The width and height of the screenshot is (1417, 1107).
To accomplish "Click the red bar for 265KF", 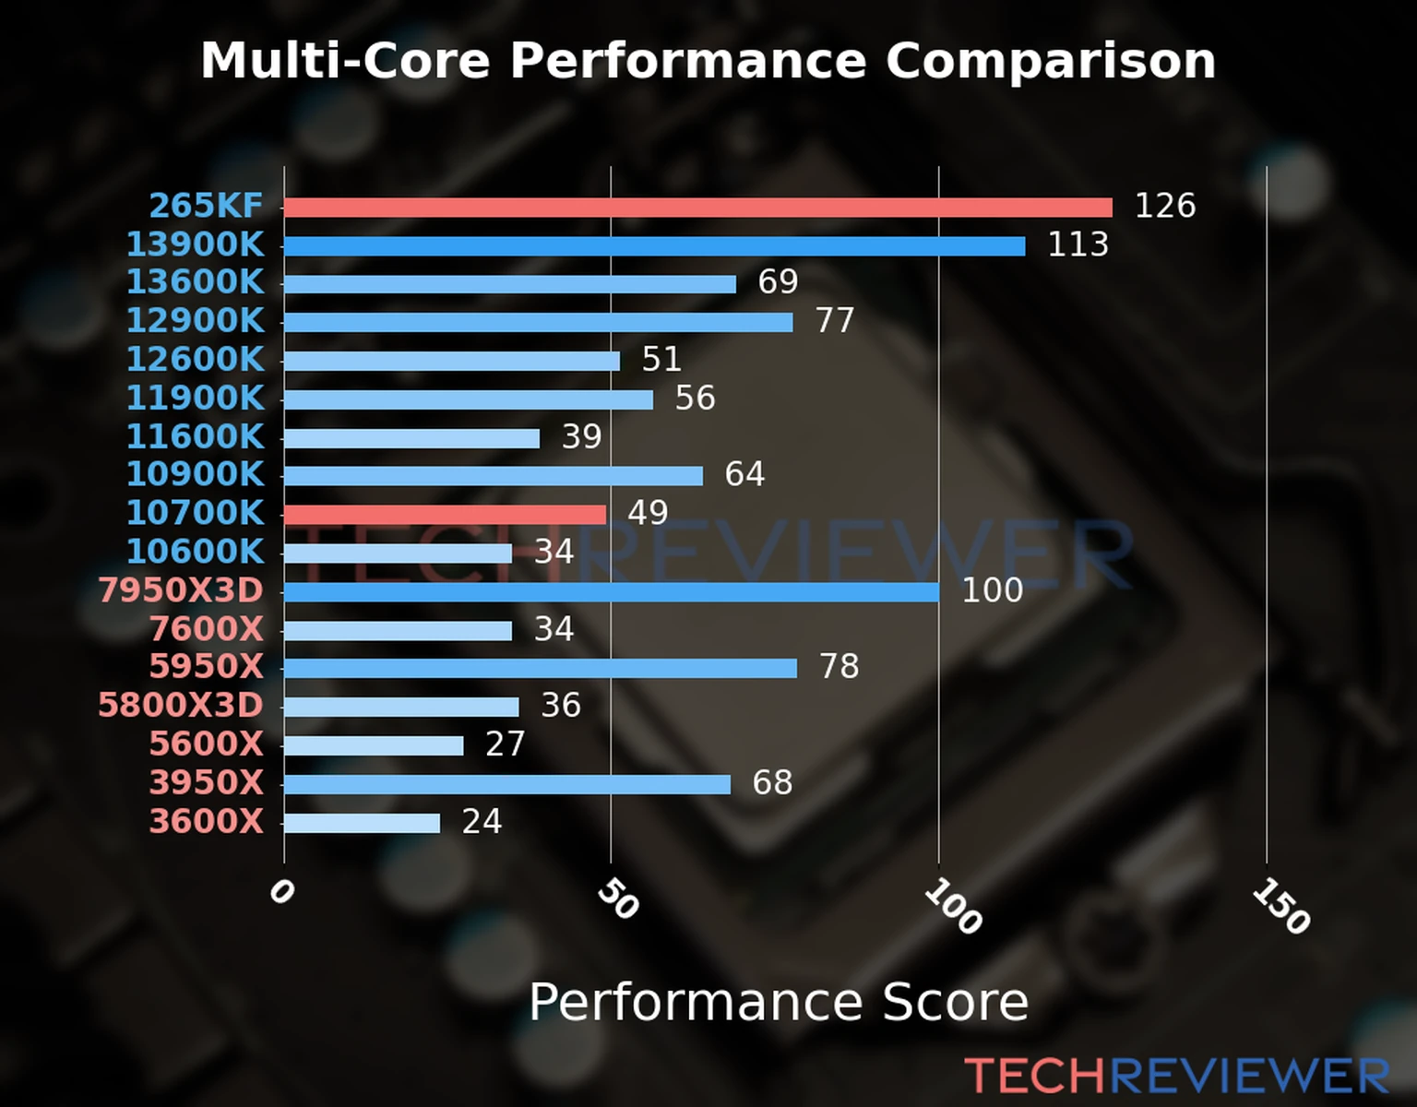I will click(697, 208).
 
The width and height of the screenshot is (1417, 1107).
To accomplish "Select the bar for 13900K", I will click(654, 246).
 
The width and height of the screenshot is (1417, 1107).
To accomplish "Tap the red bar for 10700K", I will click(445, 515).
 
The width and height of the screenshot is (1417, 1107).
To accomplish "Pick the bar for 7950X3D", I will click(611, 591).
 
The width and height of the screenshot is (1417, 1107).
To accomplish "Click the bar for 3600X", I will click(362, 823).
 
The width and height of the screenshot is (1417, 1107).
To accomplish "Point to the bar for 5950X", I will click(540, 668).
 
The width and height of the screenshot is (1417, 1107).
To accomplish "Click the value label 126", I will click(1164, 206).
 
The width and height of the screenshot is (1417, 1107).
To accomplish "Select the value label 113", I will click(1078, 244).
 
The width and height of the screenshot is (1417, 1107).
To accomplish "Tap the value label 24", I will click(482, 821).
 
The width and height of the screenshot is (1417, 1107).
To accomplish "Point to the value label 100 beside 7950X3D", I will click(992, 590).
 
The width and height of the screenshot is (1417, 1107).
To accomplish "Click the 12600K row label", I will click(195, 359).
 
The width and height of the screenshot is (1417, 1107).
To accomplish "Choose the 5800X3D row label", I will click(181, 705).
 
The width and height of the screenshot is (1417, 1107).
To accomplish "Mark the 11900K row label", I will click(195, 398).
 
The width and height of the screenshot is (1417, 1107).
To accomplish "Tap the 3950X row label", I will click(207, 782).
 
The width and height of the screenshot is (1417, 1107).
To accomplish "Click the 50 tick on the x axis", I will click(617, 899).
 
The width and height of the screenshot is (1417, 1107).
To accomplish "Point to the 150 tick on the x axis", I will click(1280, 907).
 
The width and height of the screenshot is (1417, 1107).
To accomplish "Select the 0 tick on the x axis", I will click(280, 892).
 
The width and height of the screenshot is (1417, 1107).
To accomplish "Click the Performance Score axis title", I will click(778, 1002).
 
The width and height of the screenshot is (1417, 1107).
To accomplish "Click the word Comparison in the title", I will click(1050, 61).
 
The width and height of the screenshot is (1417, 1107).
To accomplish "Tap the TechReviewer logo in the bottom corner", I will click(1176, 1077).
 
